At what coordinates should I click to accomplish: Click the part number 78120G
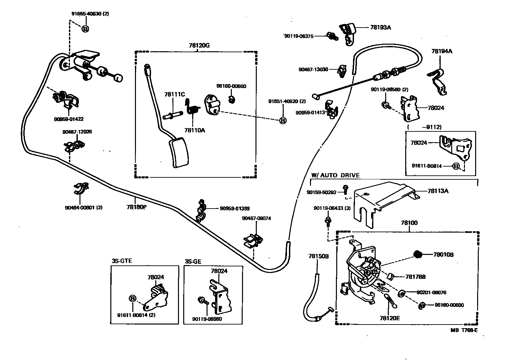pos(199,46)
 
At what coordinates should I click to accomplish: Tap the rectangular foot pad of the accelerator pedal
pos(179,153)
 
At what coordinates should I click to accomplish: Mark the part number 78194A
pos(442,51)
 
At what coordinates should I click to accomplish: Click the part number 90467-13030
pos(313,69)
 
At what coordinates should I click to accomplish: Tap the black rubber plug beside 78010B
pos(418,254)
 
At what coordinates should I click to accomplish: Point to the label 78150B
pos(318,256)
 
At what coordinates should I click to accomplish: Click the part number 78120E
pos(389,318)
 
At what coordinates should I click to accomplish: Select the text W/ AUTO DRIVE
pos(335,175)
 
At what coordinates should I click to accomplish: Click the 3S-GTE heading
pos(122,261)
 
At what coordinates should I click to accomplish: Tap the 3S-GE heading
pos(193,261)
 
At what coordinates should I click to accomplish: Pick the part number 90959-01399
pos(234,208)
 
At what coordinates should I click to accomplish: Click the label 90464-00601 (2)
pos(83,208)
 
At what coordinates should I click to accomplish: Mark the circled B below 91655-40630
pos(85,29)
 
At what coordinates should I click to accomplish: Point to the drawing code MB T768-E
pos(464,330)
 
